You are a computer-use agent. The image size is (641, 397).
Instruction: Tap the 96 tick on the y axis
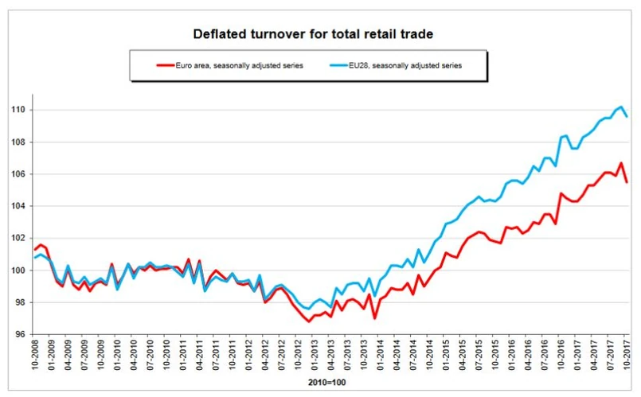click(21, 334)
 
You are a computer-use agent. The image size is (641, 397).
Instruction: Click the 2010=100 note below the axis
click(327, 383)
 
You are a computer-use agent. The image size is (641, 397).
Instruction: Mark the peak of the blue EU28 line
click(621, 107)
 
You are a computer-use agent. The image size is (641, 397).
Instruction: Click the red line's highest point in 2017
click(621, 163)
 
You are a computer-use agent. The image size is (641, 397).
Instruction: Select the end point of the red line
click(627, 182)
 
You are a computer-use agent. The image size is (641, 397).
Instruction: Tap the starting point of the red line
click(34, 250)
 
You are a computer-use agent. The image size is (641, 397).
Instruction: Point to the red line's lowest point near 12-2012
click(308, 321)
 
